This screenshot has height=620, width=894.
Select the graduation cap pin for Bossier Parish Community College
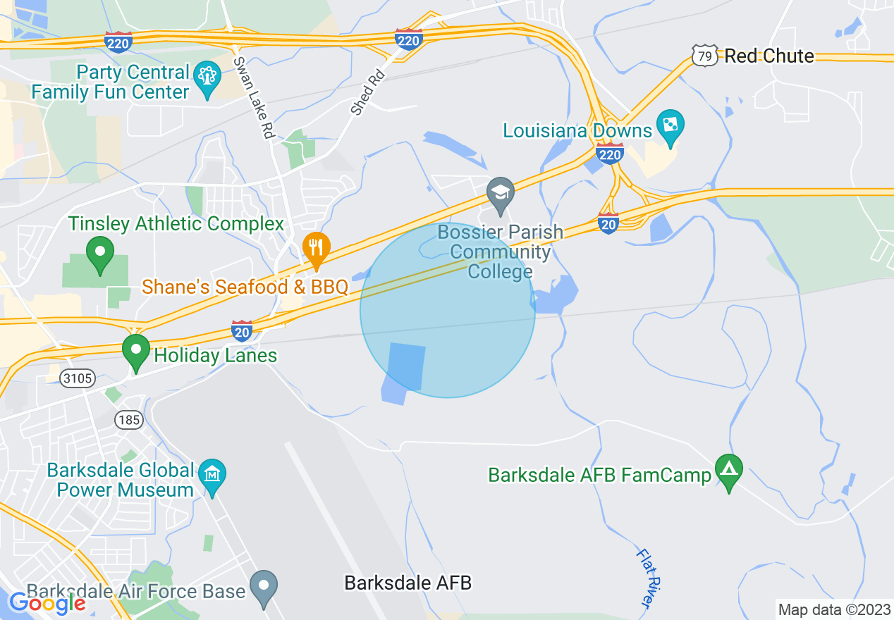(x=501, y=192)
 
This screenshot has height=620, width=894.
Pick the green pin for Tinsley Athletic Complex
(x=99, y=252)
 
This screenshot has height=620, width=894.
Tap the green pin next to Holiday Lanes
(x=136, y=350)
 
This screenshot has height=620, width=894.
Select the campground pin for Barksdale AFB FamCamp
(x=729, y=468)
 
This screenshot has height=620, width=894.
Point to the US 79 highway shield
(x=704, y=56)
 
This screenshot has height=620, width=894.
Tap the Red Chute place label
(x=769, y=56)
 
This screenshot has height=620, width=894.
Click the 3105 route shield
(x=77, y=378)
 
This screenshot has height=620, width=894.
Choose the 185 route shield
(x=130, y=421)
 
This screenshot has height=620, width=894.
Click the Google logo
(x=48, y=602)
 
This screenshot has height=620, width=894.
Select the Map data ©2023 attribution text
(x=834, y=609)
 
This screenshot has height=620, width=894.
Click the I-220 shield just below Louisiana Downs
(x=609, y=153)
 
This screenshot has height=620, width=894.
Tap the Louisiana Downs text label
(x=577, y=130)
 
